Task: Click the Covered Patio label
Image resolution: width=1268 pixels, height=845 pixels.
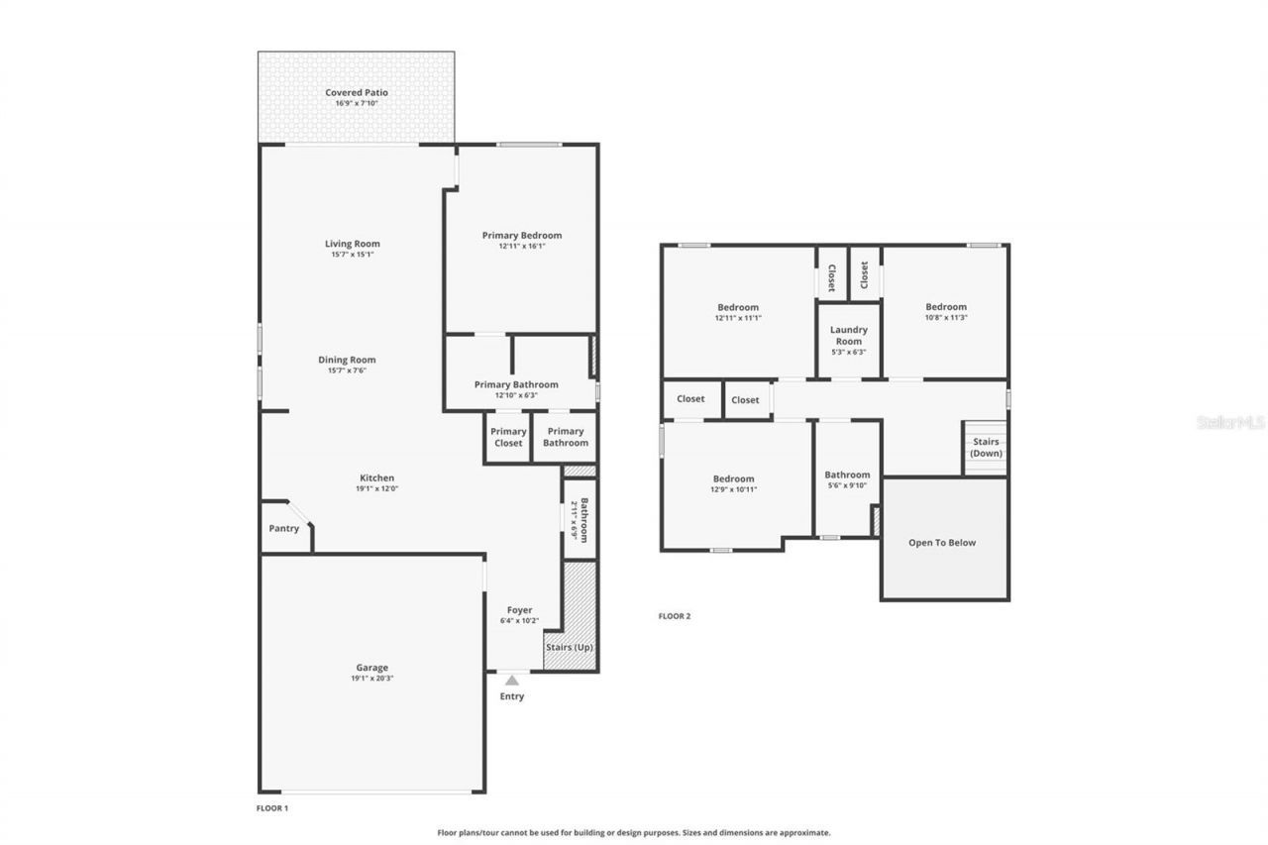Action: [x=357, y=93]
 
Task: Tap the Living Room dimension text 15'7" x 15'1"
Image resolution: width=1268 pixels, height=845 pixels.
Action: [x=352, y=255]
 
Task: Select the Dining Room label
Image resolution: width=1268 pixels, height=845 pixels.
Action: [x=347, y=360]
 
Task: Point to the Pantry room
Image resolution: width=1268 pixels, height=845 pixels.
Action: [x=284, y=529]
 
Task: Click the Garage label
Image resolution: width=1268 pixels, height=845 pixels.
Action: [x=372, y=668]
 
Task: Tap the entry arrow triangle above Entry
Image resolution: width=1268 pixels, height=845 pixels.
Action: [x=511, y=681]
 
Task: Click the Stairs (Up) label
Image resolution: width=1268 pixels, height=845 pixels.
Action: [x=570, y=647]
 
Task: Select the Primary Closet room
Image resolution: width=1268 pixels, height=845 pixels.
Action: [x=508, y=437]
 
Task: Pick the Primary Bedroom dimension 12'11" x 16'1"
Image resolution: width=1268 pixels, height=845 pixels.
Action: [x=521, y=247]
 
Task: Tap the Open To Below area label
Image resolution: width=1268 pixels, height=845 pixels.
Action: [x=942, y=543]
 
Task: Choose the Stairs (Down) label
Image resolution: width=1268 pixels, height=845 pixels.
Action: [x=986, y=447]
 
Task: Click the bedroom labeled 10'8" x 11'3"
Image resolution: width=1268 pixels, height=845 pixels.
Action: [x=945, y=312]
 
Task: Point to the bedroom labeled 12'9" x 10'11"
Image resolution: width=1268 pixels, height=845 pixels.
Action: [x=733, y=483]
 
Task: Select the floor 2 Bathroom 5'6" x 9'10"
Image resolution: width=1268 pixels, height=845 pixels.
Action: [x=847, y=479]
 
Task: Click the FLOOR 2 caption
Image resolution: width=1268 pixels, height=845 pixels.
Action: [x=675, y=616]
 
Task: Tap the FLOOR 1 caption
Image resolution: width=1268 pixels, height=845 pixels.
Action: [x=272, y=808]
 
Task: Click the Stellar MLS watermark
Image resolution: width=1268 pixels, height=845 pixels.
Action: [x=1230, y=422]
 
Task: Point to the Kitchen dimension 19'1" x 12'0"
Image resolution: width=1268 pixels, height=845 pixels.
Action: [x=376, y=488]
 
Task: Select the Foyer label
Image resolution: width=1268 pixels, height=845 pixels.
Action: [x=519, y=610]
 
